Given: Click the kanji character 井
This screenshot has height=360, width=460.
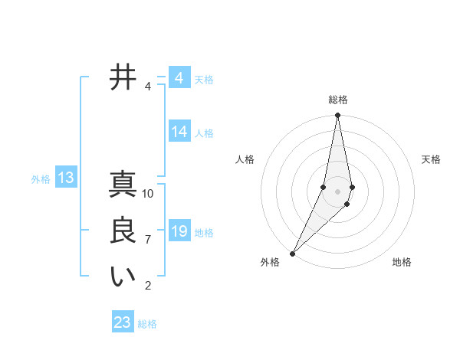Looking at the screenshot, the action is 123,78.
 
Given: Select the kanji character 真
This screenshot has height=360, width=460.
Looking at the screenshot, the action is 123,185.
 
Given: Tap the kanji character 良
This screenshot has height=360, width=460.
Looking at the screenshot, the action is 123,231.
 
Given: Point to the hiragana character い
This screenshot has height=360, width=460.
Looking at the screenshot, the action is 123,277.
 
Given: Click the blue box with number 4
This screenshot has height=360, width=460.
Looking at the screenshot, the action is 179,78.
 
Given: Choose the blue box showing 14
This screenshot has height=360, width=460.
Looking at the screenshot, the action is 179,132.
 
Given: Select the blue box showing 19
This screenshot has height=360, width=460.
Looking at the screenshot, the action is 179,231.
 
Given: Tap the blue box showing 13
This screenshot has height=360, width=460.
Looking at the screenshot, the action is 65,178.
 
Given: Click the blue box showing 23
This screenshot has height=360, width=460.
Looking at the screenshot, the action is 122,322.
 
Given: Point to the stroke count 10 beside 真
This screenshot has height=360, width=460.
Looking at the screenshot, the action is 148,193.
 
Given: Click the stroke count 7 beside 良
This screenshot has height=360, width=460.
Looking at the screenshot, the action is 148,240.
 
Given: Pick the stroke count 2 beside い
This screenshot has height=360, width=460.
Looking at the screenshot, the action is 148,286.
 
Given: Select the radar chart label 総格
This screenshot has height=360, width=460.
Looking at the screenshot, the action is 337,100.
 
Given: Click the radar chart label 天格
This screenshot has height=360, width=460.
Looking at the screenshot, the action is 431,159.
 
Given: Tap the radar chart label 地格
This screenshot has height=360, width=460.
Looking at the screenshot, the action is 402,262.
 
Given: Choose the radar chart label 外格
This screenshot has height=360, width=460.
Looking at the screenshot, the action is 270,262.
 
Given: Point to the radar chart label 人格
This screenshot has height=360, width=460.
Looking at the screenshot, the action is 245,159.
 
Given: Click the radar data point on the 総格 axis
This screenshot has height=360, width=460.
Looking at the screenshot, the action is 337,116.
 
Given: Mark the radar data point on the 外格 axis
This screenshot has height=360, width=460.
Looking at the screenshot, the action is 293,253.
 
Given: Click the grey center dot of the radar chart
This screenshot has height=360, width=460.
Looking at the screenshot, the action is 337,191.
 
